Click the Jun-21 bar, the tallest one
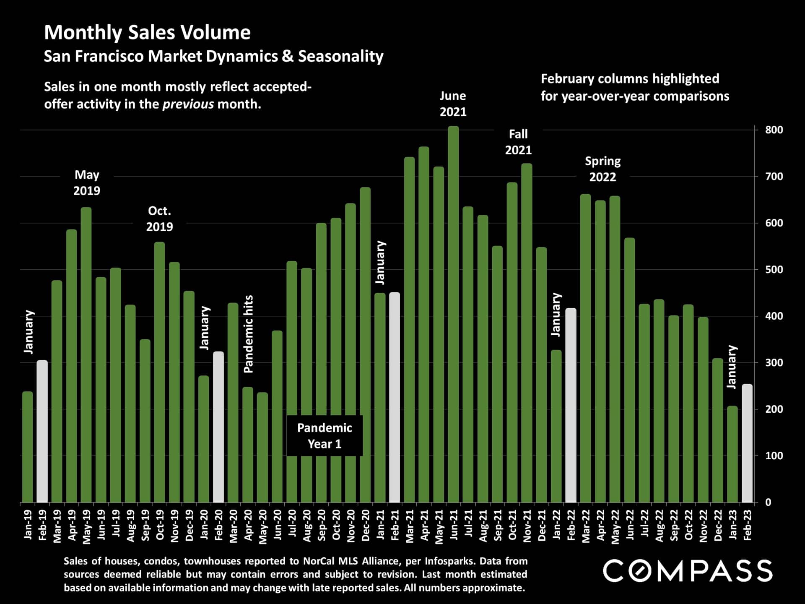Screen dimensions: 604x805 (x=453, y=315)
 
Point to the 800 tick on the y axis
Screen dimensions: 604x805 (x=774, y=130)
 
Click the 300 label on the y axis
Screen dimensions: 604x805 (x=774, y=363)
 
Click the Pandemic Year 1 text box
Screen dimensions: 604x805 (x=325, y=436)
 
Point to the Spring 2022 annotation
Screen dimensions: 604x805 (x=602, y=169)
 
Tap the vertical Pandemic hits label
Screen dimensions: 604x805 (x=249, y=334)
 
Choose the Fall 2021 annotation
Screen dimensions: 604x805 (x=518, y=142)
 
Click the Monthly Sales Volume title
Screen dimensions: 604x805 (x=147, y=33)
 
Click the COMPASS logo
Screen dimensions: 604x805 (x=688, y=571)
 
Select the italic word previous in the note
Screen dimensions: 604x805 (x=188, y=104)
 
